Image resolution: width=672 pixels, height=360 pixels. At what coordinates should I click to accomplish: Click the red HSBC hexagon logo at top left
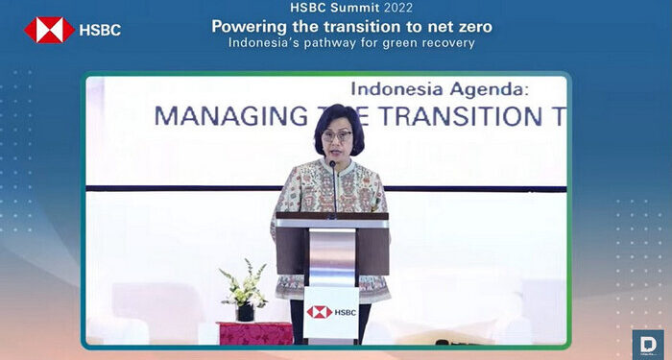click(x=49, y=29)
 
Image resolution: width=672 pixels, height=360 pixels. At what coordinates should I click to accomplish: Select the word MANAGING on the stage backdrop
click(x=211, y=116)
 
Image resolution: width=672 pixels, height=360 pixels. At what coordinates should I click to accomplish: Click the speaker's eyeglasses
click(x=338, y=135)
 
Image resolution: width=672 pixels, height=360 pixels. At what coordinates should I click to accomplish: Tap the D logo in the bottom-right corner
click(x=646, y=344)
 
